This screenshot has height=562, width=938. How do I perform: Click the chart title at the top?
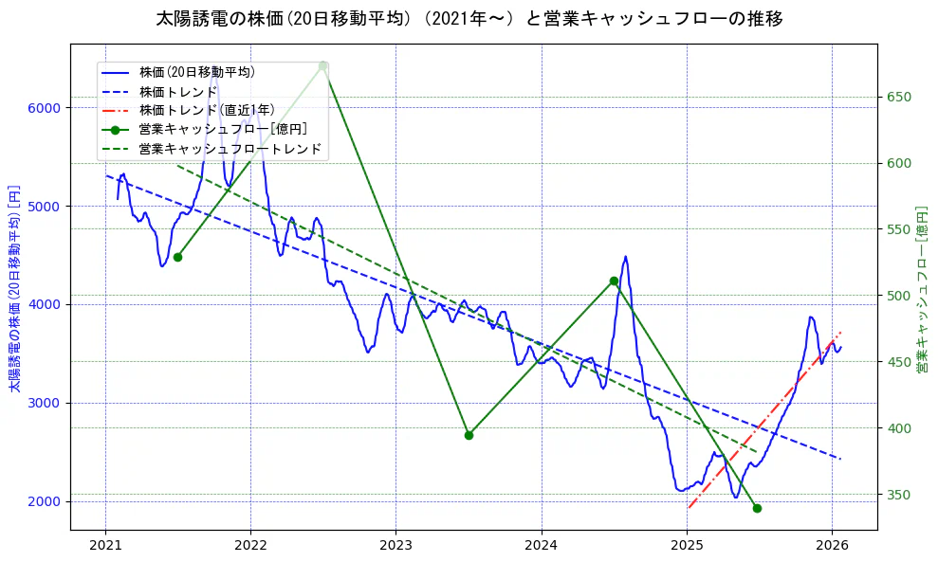tap(469, 18)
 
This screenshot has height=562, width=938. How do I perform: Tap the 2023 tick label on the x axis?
tap(395, 545)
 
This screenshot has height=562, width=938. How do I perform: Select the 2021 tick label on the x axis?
tap(105, 545)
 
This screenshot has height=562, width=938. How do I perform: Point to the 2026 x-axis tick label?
tap(831, 545)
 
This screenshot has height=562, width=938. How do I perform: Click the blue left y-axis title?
tap(13, 288)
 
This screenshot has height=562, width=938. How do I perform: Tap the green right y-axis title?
tap(921, 288)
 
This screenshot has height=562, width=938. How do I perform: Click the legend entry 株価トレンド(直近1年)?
tap(206, 110)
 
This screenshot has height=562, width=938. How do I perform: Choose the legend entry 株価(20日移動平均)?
tap(196, 72)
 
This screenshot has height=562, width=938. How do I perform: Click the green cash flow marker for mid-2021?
tap(177, 257)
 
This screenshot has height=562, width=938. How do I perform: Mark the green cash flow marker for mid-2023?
tap(469, 435)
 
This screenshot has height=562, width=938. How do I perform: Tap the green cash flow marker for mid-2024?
tap(614, 281)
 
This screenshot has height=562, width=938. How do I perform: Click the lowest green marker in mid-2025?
tap(757, 508)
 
